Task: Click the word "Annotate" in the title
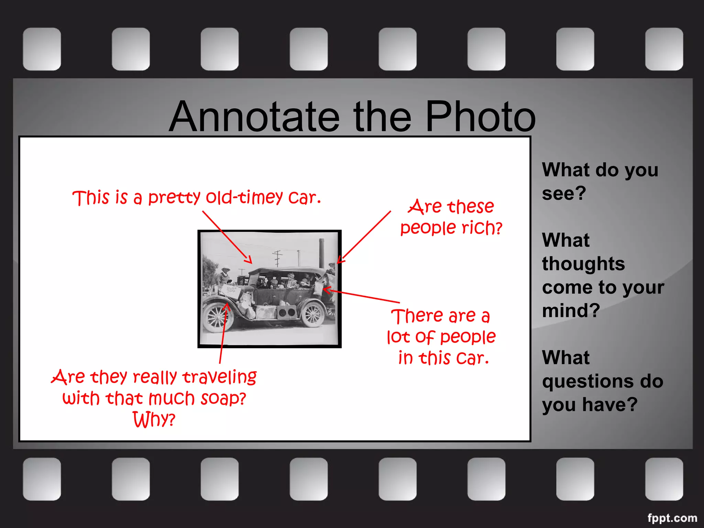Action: click(x=254, y=117)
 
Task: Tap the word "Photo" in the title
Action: click(x=480, y=117)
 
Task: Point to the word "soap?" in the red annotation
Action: click(x=223, y=399)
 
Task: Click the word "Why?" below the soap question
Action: click(x=154, y=420)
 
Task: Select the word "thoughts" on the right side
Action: click(x=583, y=264)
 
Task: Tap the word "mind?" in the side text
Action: click(x=571, y=311)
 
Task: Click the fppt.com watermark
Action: click(x=672, y=518)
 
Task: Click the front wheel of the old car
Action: click(x=218, y=317)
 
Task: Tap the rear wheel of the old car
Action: click(x=312, y=315)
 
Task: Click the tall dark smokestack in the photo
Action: click(x=321, y=253)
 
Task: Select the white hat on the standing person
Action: click(x=226, y=269)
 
